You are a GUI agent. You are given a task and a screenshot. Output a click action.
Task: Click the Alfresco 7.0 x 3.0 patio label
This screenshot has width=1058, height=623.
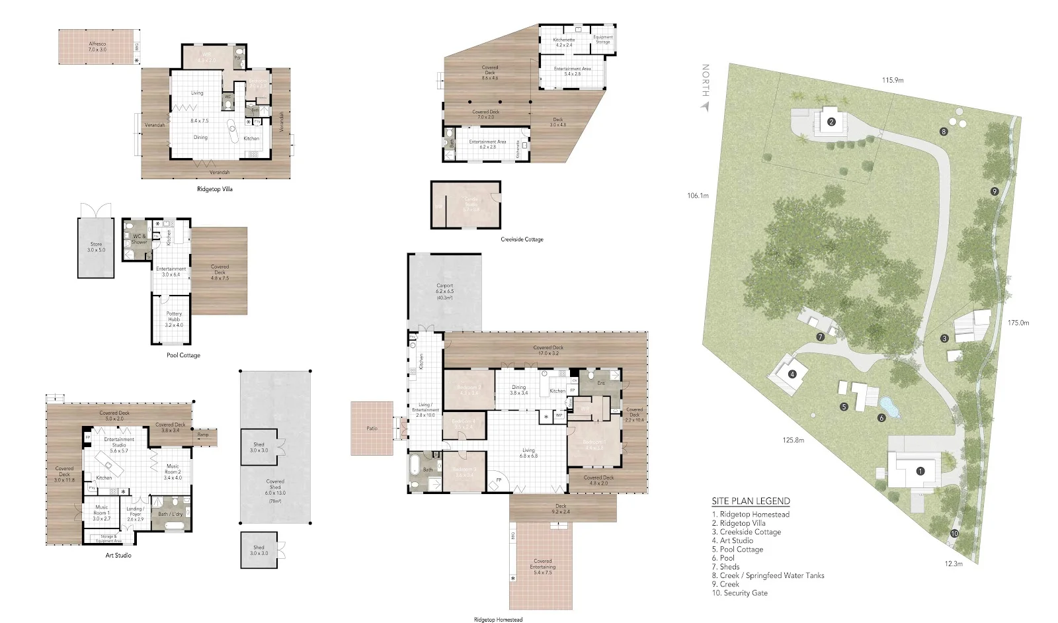[x=97, y=46]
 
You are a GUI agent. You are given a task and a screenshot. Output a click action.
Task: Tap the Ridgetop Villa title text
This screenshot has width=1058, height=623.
[x=215, y=189]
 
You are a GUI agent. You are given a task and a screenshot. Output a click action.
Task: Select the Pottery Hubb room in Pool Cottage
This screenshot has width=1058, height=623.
[x=174, y=319]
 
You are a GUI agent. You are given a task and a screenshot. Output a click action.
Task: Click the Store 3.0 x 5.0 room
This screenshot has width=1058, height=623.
[x=96, y=247]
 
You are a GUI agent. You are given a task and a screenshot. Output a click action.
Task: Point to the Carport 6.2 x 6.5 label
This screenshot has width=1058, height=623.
[x=444, y=291]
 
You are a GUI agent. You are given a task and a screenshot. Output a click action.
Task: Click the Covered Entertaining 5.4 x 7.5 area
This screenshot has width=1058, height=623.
[x=542, y=566]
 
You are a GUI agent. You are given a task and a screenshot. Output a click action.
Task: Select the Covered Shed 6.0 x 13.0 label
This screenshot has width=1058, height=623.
[x=275, y=487]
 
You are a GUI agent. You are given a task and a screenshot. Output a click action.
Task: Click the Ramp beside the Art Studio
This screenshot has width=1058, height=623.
[x=203, y=435]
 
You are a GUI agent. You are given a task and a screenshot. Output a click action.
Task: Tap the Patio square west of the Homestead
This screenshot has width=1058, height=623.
[x=372, y=428]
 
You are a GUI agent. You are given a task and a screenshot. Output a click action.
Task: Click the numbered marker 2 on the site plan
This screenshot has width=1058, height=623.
[x=832, y=122]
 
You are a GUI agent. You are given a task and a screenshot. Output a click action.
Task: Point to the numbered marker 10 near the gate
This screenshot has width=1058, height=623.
[x=954, y=533]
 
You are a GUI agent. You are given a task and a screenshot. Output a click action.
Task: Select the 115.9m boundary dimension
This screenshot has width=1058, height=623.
[x=892, y=80]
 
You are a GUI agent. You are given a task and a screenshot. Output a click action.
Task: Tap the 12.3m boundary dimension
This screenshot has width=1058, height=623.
[x=954, y=563]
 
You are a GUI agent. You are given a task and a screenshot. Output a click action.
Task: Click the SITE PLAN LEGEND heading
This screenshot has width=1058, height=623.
[x=751, y=501]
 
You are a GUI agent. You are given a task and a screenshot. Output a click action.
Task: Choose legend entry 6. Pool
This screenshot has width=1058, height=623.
[x=723, y=558]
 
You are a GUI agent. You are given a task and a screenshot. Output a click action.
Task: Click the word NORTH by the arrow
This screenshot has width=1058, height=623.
[x=706, y=80]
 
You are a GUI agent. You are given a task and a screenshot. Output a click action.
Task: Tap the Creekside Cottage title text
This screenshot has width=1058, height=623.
[x=522, y=239]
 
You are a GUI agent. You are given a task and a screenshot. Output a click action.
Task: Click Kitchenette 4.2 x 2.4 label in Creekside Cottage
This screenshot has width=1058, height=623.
[x=563, y=42]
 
